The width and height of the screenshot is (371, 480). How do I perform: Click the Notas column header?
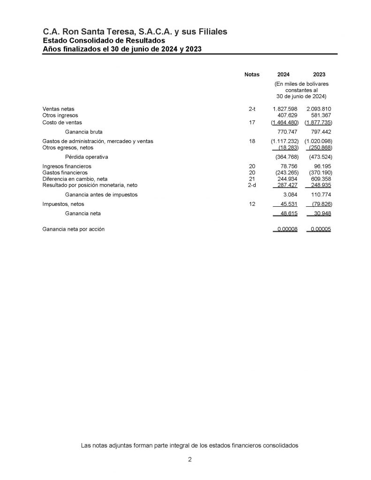point(252,74)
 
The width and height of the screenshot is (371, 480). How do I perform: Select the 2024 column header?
point(283,74)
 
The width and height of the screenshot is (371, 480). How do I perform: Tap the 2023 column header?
point(319,74)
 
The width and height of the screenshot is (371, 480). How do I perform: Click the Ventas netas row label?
point(58,109)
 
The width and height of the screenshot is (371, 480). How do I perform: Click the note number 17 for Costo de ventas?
point(251,122)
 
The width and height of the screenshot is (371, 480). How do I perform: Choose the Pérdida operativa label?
point(86,157)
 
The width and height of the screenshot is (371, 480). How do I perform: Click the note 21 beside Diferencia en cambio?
point(251,179)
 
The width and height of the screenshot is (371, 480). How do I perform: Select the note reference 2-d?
point(251,185)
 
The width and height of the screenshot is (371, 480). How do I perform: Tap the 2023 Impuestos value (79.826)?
point(321,204)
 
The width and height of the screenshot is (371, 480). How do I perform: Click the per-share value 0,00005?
point(321,229)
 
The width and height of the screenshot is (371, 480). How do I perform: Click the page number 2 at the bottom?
point(189,460)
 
